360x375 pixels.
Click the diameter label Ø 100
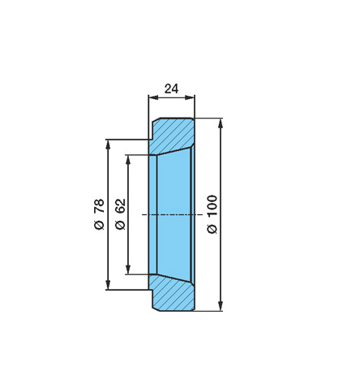[x=212, y=213]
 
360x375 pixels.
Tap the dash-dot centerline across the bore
[x=167, y=214]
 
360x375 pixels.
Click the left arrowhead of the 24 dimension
[x=152, y=97]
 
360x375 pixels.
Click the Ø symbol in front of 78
[x=97, y=225]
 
